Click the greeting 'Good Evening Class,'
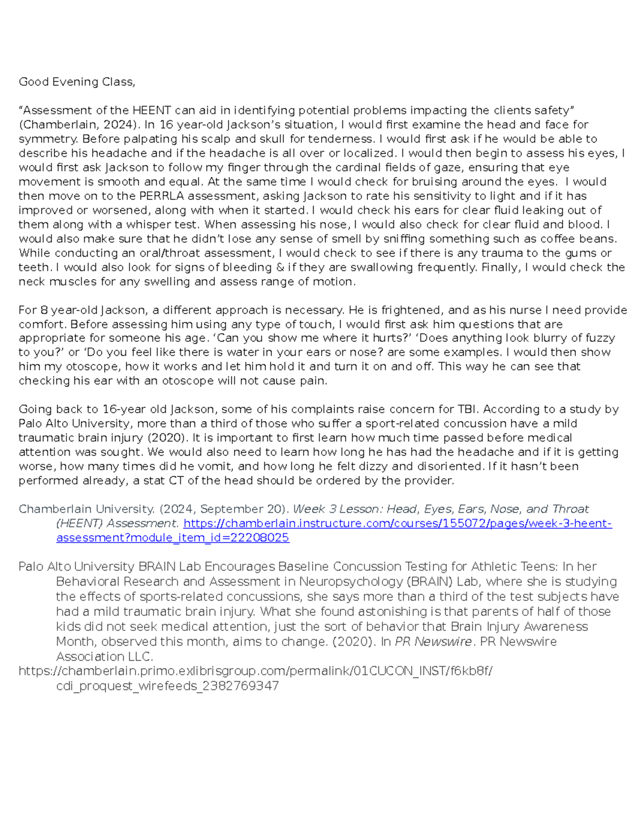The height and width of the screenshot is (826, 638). pos(77,82)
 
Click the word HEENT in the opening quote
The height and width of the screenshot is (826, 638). pos(152,111)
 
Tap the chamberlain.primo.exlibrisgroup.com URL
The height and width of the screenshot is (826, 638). pos(255,671)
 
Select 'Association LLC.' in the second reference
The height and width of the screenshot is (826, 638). pos(104,657)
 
